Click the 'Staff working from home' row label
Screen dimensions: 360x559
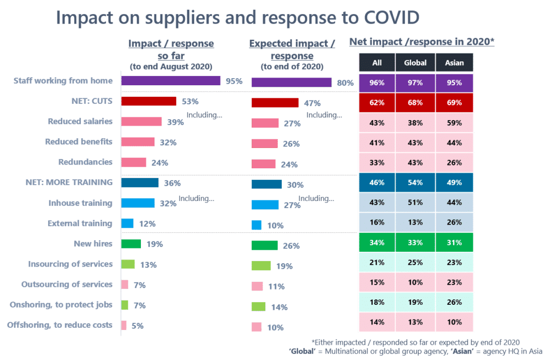63,81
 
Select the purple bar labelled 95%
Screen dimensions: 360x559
170,81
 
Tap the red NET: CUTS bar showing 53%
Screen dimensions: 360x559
148,101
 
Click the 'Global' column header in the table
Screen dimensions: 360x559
415,62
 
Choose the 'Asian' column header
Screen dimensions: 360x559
454,62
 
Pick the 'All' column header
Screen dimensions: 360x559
377,62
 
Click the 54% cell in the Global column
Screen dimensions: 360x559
415,182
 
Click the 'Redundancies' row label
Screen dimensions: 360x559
85,162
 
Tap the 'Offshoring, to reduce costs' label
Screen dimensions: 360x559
60,325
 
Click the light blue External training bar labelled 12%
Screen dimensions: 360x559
127,223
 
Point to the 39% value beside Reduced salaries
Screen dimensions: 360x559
175,122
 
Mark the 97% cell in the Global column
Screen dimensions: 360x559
415,83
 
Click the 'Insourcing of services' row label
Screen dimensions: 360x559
70,264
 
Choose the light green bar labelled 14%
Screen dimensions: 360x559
258,306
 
